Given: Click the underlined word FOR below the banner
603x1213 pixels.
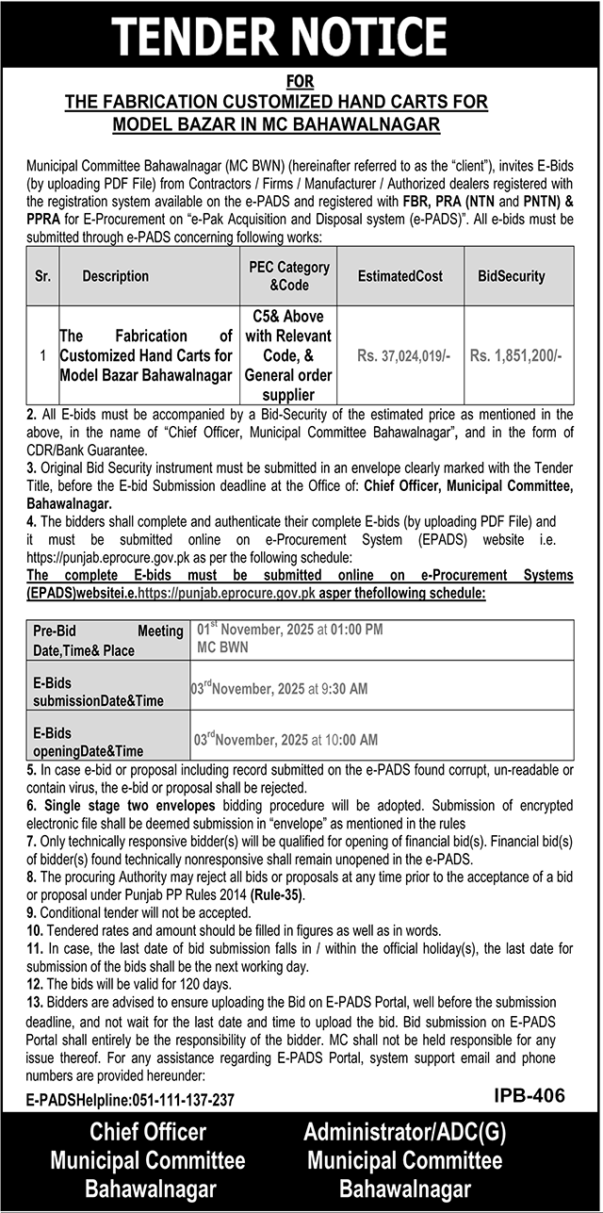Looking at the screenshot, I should (301, 83).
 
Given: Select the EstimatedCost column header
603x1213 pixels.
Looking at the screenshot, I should (399, 276).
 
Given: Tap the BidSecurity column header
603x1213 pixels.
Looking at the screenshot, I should (511, 276).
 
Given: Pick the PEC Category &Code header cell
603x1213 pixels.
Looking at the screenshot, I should (289, 275).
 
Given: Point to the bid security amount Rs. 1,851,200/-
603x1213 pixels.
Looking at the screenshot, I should (515, 356).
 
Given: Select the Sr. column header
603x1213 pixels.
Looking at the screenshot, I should (42, 276).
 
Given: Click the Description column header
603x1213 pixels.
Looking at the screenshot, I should (115, 276).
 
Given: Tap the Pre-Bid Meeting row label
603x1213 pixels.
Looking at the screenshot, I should (106, 641).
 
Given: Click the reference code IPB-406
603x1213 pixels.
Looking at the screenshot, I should (529, 1096).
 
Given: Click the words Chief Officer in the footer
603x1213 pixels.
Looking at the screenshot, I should (147, 1132).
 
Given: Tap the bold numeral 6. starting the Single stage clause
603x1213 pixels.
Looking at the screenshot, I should (33, 806).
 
